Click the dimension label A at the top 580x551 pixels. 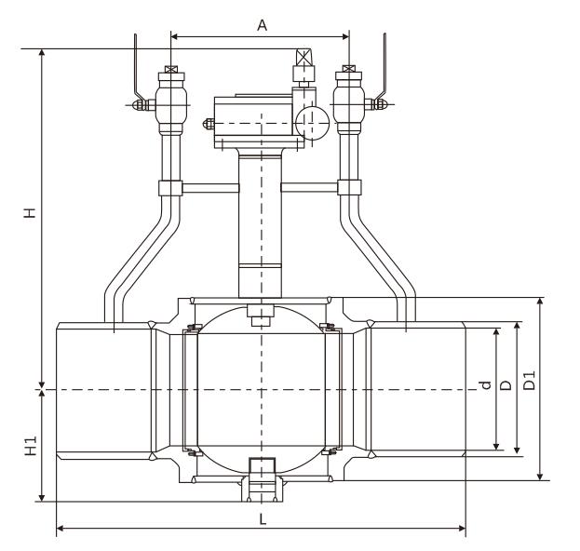(x=262, y=25)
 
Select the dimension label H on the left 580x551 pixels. (x=30, y=213)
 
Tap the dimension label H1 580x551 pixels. (x=30, y=446)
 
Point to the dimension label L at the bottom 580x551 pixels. (x=262, y=519)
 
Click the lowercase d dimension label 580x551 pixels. (x=483, y=386)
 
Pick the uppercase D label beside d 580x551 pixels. (x=506, y=384)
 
